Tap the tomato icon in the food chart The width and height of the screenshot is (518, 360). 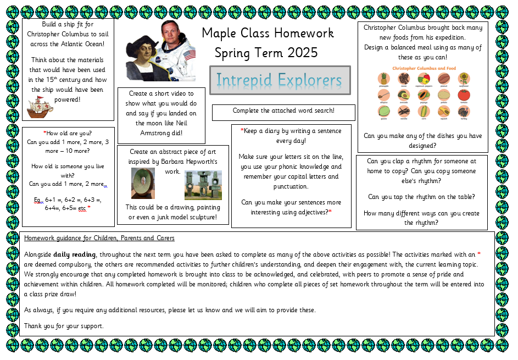pos(464,95)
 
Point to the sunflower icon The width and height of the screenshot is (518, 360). pos(464,79)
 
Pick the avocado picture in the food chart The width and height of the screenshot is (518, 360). pos(404,95)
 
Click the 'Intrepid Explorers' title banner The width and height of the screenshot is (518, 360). pos(280,80)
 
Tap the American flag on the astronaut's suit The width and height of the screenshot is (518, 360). pos(190,54)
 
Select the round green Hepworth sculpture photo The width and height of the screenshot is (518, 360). pos(143,183)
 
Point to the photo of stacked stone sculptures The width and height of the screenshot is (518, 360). pos(203,185)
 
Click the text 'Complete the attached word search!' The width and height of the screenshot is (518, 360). pos(283,111)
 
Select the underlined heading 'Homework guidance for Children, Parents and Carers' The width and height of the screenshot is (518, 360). pos(99,238)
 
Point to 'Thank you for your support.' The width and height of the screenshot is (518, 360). pos(64,326)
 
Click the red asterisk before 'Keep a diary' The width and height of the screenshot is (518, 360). pos(242,131)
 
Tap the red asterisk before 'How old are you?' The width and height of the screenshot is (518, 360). pos(44,133)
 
